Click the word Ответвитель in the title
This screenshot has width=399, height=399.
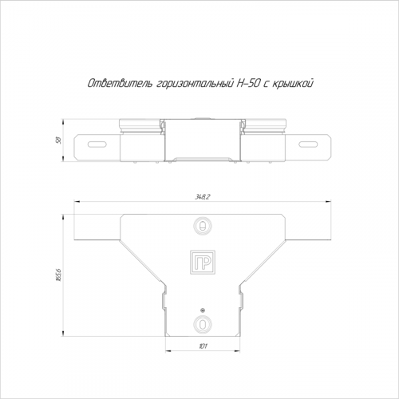tap(120, 84)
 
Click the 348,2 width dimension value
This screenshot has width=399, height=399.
tap(203, 197)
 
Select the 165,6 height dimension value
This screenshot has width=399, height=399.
tap(59, 275)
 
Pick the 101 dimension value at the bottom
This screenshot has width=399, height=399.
tap(203, 346)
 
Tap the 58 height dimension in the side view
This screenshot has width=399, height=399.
tap(59, 140)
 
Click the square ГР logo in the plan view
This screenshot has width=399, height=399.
tap(203, 262)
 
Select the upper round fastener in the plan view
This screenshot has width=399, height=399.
tap(203, 227)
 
